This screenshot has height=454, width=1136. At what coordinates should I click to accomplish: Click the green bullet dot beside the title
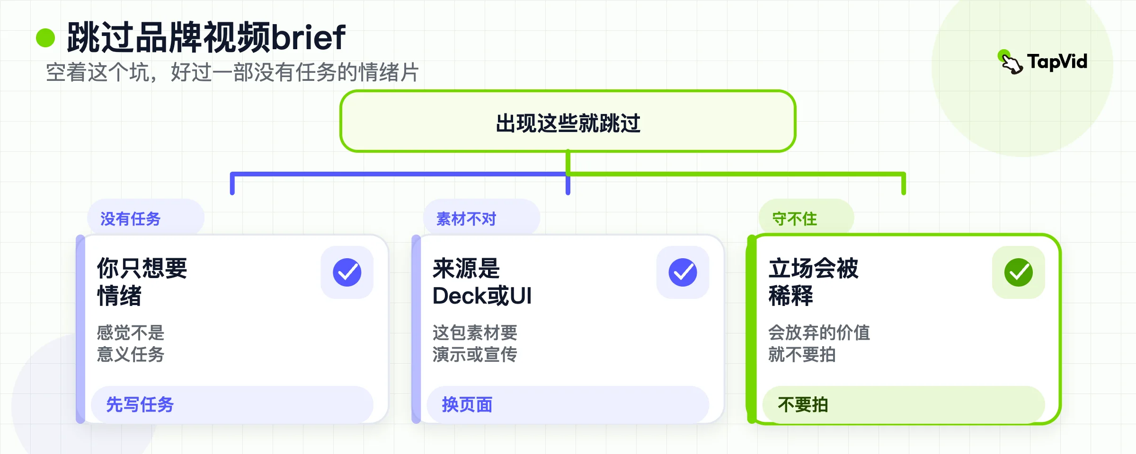click(45, 38)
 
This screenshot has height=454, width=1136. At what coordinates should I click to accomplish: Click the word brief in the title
click(308, 37)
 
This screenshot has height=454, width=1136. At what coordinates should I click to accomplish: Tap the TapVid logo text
click(1057, 61)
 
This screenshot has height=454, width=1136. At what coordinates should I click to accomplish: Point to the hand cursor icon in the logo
click(1012, 63)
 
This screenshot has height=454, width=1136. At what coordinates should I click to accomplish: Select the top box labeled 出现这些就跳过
click(568, 121)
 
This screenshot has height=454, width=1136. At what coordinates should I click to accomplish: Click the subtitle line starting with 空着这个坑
click(232, 73)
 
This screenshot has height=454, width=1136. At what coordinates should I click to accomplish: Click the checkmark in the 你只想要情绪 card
click(347, 272)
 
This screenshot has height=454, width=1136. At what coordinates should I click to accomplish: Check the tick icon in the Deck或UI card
click(683, 272)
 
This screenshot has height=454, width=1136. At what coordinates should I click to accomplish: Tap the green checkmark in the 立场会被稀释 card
click(1019, 272)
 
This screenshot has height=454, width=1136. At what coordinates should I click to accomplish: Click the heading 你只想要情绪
click(142, 282)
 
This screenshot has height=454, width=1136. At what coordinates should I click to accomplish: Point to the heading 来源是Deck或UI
click(482, 282)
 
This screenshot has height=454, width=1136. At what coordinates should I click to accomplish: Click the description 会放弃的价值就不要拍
click(819, 344)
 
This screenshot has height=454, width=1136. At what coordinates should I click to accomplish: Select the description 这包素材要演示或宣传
click(475, 344)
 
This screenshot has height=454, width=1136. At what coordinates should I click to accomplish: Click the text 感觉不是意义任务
click(131, 344)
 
